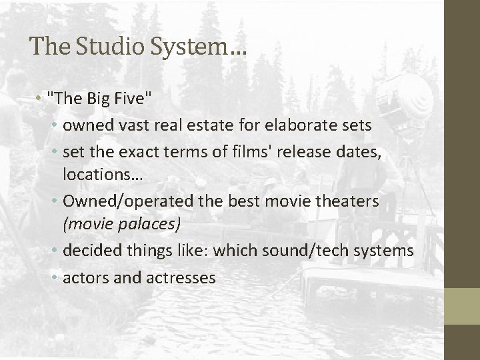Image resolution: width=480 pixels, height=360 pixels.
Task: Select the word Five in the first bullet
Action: click(135, 100)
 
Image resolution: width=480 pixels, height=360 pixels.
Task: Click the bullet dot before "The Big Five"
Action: click(41, 101)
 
